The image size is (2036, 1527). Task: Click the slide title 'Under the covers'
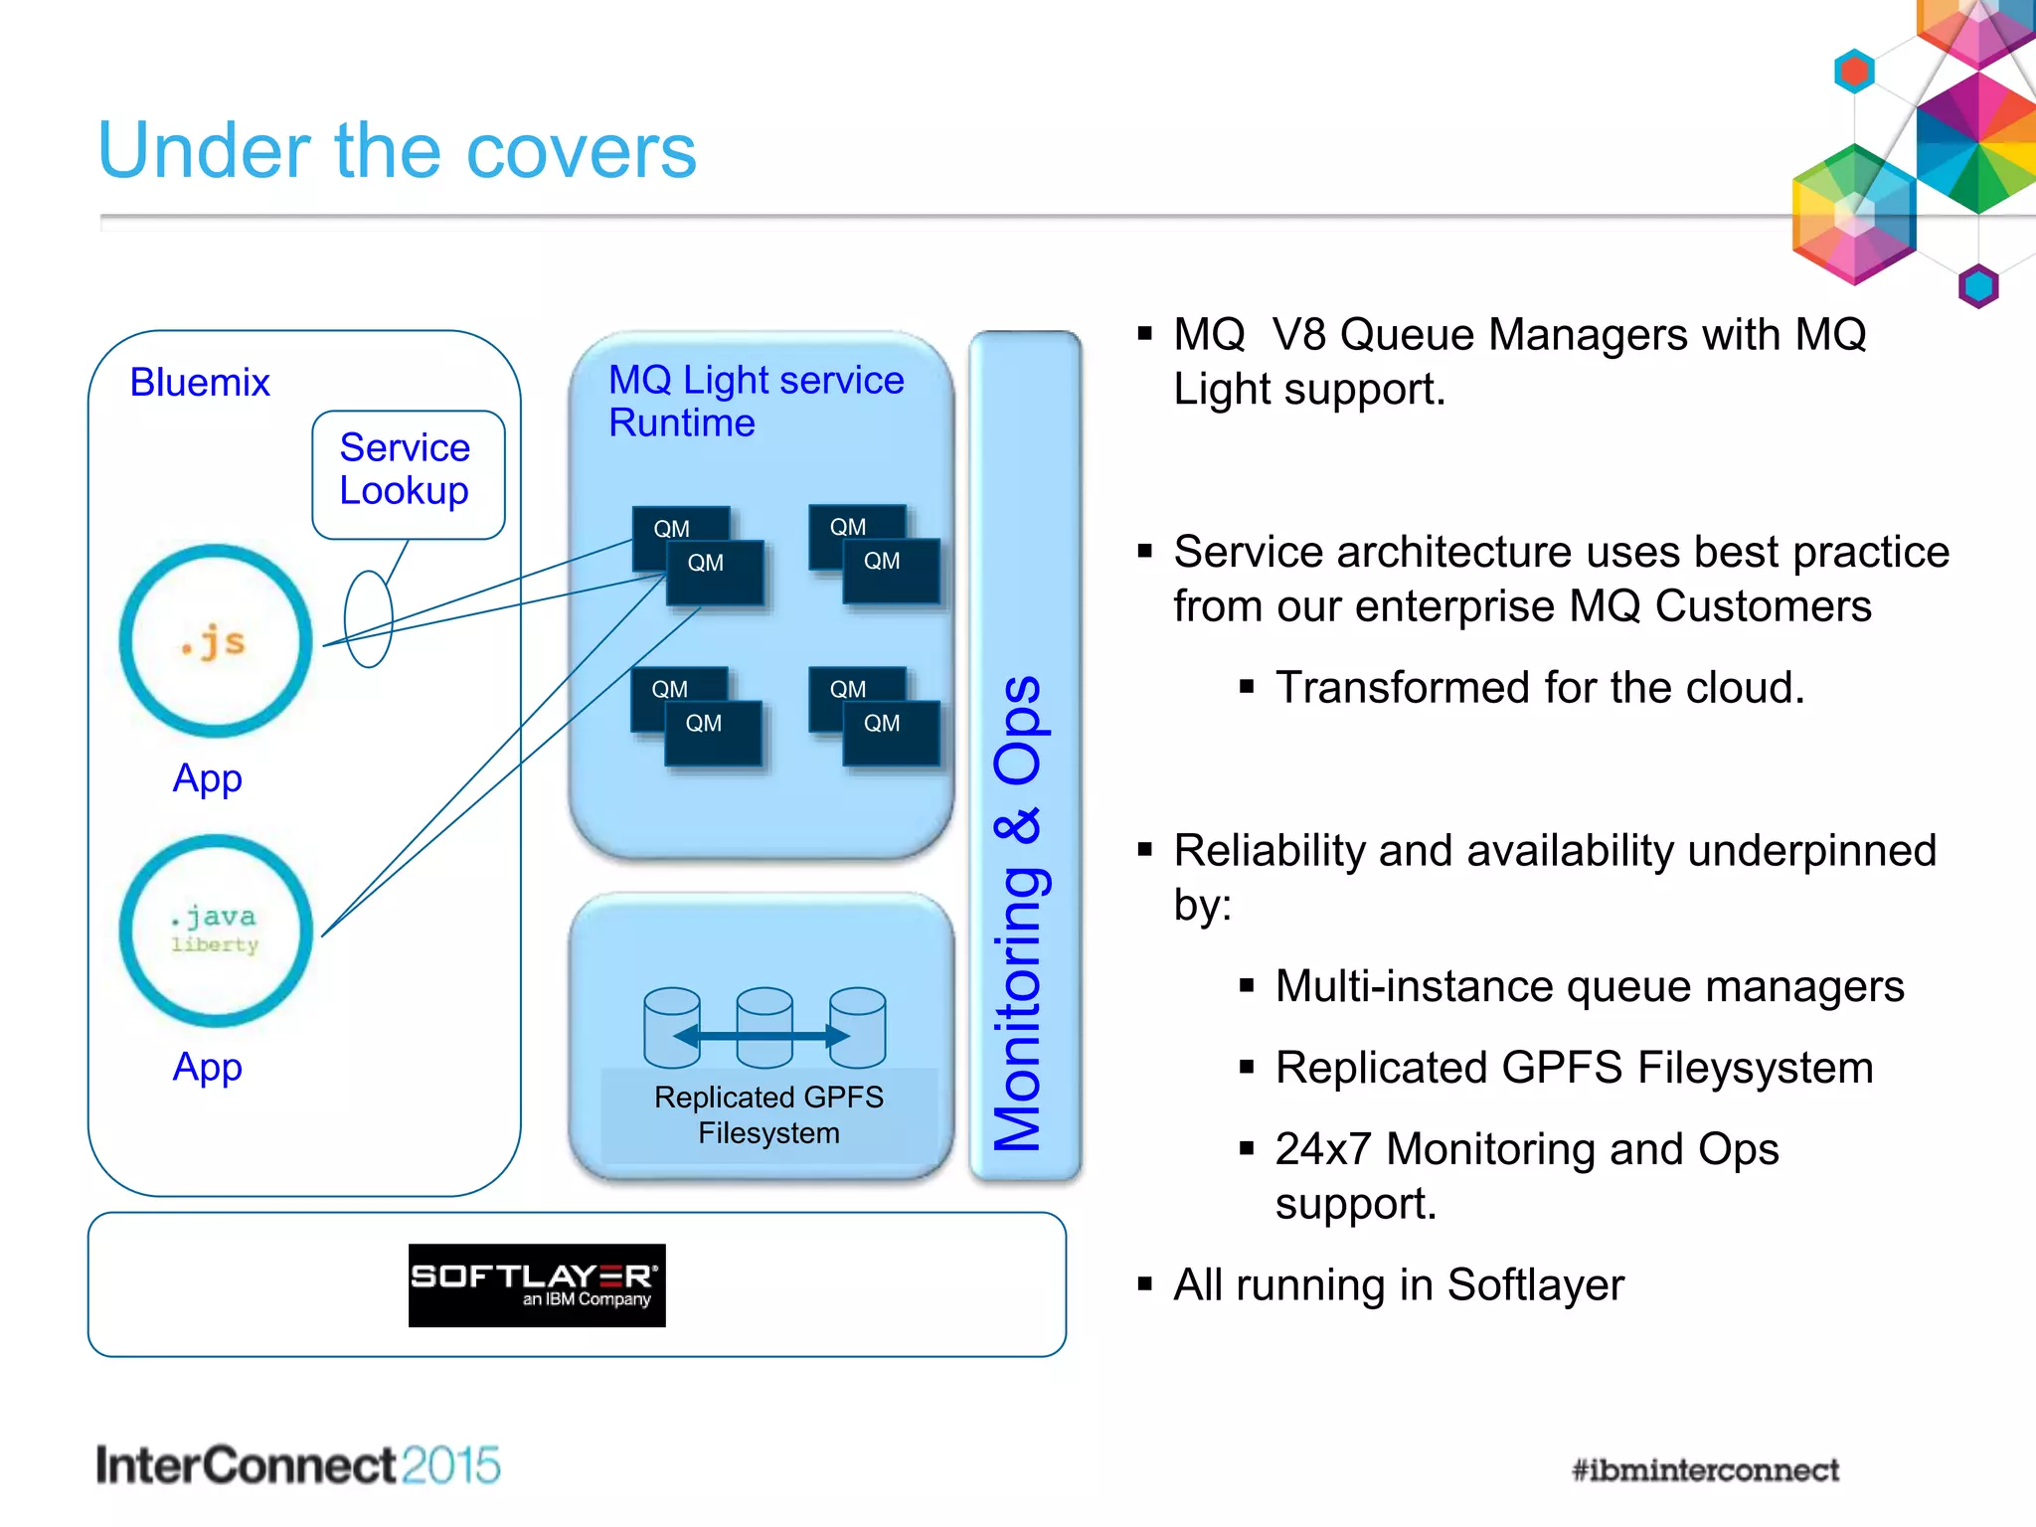point(397,151)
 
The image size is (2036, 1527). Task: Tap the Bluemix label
point(200,383)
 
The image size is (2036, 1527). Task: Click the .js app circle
point(216,641)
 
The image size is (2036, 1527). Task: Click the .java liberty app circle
point(216,930)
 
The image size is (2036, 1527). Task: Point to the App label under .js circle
point(207,778)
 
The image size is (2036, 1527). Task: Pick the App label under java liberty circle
point(207,1067)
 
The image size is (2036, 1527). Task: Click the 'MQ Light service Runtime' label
point(756,401)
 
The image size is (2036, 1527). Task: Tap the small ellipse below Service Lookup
point(368,618)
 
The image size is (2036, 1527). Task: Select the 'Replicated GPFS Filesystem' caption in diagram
point(768,1114)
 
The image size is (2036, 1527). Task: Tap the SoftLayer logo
point(537,1284)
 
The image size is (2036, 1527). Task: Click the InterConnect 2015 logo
point(297,1465)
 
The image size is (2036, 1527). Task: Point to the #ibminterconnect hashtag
point(1704,1469)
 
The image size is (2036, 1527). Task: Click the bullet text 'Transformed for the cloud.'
point(1539,688)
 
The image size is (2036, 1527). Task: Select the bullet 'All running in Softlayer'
point(1398,1284)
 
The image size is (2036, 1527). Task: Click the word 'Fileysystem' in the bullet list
point(1755,1068)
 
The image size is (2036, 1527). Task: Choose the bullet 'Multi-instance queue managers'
point(1589,986)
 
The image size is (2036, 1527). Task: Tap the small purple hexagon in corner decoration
point(1978,286)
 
